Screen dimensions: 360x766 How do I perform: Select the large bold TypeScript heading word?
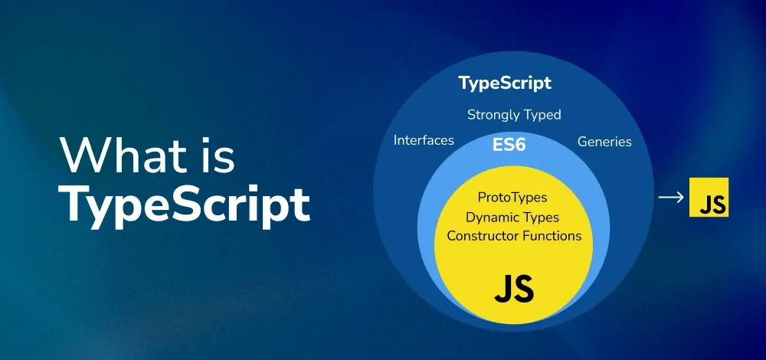[x=185, y=203]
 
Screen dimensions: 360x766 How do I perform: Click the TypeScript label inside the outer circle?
[x=505, y=83]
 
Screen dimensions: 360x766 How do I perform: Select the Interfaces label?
[x=424, y=141]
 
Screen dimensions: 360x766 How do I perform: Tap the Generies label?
[x=604, y=142]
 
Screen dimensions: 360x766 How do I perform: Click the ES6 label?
[x=509, y=143]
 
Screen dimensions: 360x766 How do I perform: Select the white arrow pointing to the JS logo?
[x=671, y=197]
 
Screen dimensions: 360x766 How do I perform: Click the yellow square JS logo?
[x=709, y=197]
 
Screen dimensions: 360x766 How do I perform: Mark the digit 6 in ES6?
[x=520, y=143]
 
